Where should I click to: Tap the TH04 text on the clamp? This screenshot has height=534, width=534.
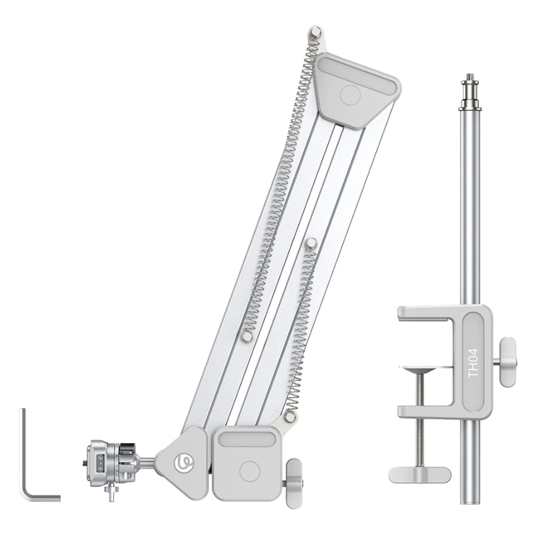pyautogui.click(x=473, y=363)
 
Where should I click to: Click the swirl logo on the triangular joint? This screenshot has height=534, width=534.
pyautogui.click(x=183, y=462)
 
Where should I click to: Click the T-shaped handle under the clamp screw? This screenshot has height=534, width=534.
pyautogui.click(x=419, y=475)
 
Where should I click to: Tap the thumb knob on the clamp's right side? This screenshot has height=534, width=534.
pyautogui.click(x=507, y=362)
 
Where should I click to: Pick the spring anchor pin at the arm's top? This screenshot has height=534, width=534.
pyautogui.click(x=316, y=33)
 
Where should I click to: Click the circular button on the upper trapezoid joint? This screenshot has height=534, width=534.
pyautogui.click(x=351, y=95)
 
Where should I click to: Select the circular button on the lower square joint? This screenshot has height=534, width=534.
pyautogui.click(x=250, y=471)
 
